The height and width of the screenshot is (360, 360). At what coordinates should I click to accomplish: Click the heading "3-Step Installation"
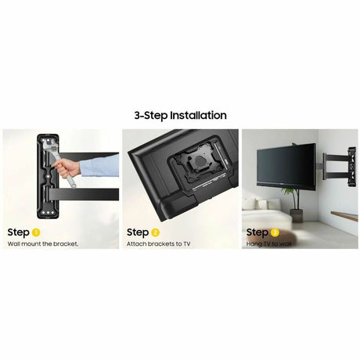(x=180, y=116)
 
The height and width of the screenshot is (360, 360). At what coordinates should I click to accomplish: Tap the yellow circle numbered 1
(x=36, y=232)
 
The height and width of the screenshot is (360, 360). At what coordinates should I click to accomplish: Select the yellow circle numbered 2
(x=155, y=232)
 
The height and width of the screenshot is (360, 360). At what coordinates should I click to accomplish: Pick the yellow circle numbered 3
(x=275, y=232)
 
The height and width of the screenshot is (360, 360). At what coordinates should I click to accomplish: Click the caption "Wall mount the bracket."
(x=43, y=244)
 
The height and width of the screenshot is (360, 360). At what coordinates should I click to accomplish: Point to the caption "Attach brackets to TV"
(x=158, y=244)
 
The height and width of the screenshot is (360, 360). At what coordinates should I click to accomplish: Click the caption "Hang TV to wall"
(x=268, y=244)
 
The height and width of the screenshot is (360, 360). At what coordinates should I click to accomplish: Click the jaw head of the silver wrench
(x=52, y=146)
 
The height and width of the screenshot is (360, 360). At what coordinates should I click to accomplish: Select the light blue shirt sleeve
(x=99, y=166)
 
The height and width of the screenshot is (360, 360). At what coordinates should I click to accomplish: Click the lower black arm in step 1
(x=84, y=194)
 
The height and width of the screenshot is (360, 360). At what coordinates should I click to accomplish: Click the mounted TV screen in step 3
(x=286, y=165)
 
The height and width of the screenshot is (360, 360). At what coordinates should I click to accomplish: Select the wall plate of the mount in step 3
(x=351, y=167)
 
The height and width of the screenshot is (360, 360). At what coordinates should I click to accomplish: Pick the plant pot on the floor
(x=297, y=215)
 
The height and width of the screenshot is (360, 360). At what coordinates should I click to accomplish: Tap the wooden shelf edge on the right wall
(x=344, y=216)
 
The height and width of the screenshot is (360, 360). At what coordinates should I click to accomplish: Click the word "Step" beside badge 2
(x=138, y=232)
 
